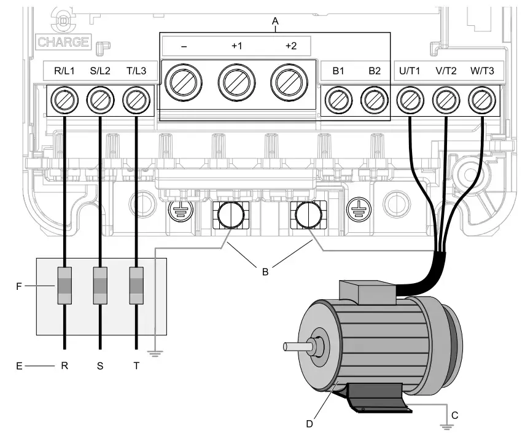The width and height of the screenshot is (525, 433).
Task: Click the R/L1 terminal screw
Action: tap(64, 99)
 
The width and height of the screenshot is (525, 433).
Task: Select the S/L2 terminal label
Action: tap(100, 71)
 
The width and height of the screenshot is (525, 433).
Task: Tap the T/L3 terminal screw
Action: tap(136, 99)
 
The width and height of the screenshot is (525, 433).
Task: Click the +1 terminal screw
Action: tap(237, 81)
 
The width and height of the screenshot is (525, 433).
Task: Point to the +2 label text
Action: tap(290, 45)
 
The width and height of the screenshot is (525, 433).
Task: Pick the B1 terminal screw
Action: tap(338, 99)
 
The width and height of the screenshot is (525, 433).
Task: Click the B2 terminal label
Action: tap(375, 71)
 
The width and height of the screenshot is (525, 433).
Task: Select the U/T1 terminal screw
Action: tap(410, 99)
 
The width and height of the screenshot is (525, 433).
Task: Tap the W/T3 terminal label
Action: tap(482, 71)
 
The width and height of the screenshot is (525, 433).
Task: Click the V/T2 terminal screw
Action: tap(446, 99)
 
